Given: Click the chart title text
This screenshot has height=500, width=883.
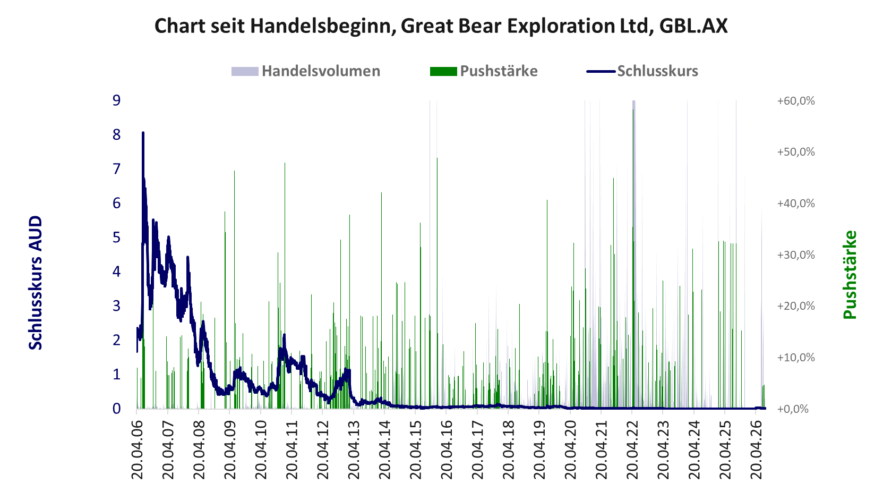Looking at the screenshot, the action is pos(441,26).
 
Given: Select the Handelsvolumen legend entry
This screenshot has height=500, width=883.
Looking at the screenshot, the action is pos(306,71).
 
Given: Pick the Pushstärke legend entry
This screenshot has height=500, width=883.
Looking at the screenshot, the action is pos(484,71).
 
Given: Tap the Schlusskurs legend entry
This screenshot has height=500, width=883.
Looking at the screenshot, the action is pos(642,71).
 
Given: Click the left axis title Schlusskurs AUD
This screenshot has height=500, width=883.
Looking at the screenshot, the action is pos(36,283).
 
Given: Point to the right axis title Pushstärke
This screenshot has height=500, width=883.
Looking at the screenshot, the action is pos(850,275).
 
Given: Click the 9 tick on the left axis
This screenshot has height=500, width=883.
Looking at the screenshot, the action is pos(116,100).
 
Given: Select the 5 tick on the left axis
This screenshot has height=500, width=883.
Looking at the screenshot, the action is pos(116,238).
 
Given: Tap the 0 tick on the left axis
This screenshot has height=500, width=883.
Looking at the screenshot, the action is pos(116,409).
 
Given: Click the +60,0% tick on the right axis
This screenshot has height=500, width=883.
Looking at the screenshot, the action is pos(796,101).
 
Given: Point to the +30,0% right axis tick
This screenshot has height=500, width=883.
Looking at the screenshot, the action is pos(796,255).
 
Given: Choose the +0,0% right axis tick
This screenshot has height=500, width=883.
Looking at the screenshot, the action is pos(792,409).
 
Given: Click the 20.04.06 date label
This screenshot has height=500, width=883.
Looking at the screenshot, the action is pos(137,450).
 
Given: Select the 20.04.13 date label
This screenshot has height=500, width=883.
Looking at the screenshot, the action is pos(354,450).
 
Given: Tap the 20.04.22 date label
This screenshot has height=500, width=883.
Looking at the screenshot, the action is pos(632,450).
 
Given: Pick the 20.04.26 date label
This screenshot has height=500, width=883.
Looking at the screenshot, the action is pos(756,450).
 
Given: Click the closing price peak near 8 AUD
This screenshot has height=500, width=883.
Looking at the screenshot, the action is pos(143,133).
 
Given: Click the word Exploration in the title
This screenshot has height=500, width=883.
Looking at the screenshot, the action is pos(559,27).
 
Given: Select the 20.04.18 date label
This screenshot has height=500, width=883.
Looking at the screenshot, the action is pos(509,450).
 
